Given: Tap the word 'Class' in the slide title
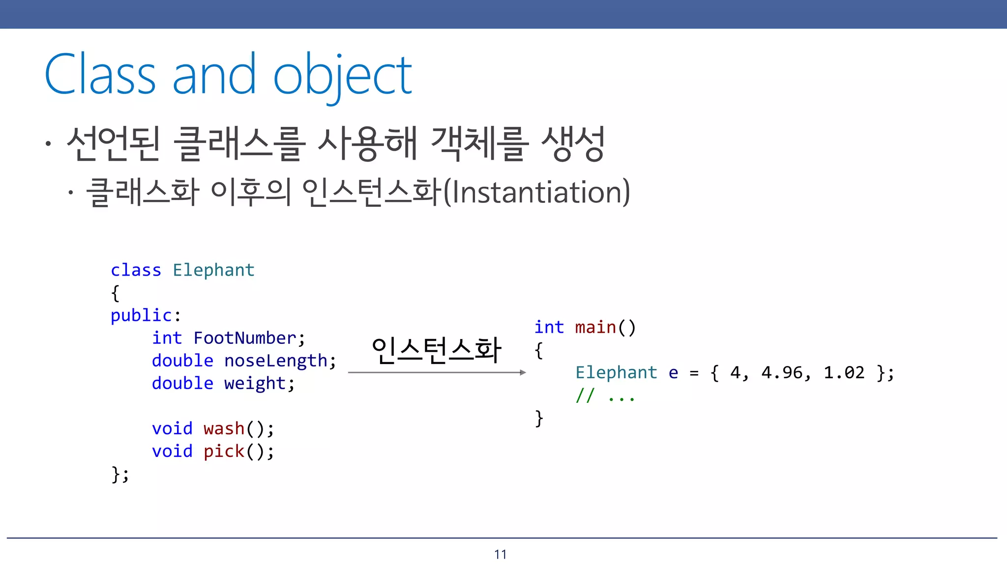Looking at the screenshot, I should (100, 75).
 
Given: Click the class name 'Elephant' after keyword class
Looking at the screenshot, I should (213, 270).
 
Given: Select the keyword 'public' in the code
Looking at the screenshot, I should (141, 315).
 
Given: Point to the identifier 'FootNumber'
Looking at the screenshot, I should (245, 338).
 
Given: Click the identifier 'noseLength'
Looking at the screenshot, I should (276, 361).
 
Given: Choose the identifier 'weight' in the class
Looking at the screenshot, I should (255, 383).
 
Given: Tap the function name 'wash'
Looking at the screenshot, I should (224, 428).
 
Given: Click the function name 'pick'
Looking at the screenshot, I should (224, 451).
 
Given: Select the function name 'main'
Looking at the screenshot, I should (595, 327).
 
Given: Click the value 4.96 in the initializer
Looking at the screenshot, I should (781, 372).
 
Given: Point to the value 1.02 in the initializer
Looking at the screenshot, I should (844, 372).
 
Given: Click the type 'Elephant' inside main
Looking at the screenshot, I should (616, 372).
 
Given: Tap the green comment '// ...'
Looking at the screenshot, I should (605, 395).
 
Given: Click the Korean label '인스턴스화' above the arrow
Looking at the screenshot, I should (436, 350).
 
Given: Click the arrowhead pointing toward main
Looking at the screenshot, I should (523, 372).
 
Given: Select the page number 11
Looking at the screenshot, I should (501, 555).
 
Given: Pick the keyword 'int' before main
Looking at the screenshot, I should (549, 327).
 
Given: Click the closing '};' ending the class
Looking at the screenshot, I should (120, 474).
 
